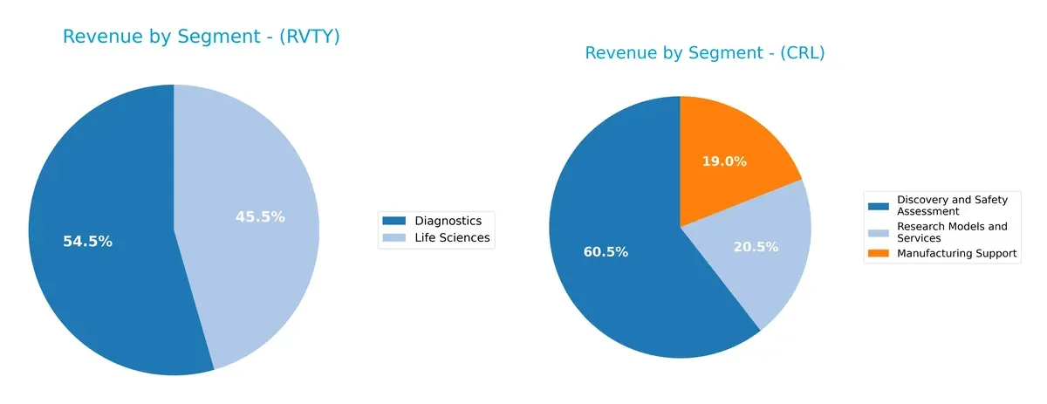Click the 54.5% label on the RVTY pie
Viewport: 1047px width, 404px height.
click(x=87, y=242)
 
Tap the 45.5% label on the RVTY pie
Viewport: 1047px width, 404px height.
click(x=260, y=217)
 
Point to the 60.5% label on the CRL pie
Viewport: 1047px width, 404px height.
click(x=606, y=252)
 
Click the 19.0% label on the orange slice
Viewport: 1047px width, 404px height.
click(x=724, y=161)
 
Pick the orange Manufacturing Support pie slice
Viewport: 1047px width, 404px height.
click(x=733, y=140)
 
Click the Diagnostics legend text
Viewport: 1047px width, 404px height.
click(x=442, y=221)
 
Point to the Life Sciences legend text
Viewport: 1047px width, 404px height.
click(x=452, y=237)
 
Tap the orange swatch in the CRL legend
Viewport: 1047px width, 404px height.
click(x=879, y=254)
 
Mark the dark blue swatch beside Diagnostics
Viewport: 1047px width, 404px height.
click(x=394, y=221)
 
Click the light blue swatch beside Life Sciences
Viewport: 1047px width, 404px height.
click(x=394, y=237)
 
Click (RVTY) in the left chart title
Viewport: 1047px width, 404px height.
click(x=305, y=37)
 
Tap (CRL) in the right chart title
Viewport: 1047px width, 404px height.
click(x=800, y=53)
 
